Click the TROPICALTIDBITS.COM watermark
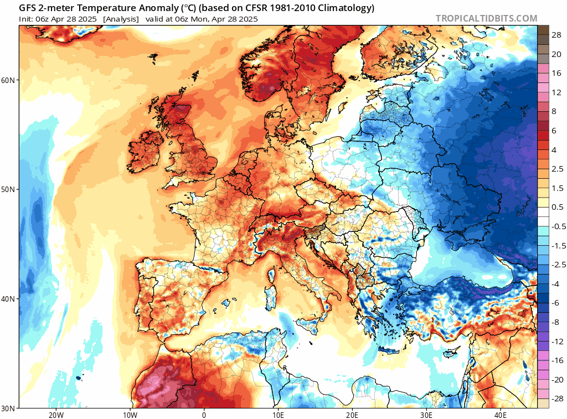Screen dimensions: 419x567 [486, 18]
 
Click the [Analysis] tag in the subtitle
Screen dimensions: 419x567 [121, 19]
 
